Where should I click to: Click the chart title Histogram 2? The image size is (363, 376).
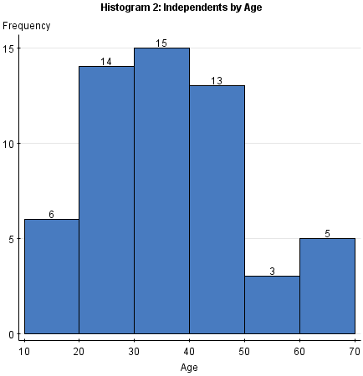coord(181,8)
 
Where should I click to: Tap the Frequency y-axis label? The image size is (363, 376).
coord(26,26)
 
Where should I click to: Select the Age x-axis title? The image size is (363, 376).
coord(189,366)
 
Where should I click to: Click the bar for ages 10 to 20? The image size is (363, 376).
coord(52,277)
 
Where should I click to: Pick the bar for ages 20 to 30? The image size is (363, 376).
coord(106,200)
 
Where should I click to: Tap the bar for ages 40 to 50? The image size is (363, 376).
coord(217,210)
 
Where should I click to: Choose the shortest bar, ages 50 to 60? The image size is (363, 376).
coord(272,305)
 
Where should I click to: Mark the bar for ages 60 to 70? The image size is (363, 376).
coord(327,286)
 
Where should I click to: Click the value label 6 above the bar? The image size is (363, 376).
coord(52,214)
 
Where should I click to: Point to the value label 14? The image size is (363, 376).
coord(106,61)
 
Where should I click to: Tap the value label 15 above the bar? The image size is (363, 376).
coord(161,43)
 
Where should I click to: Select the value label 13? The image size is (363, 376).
coord(217,80)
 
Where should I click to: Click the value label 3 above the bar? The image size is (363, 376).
coord(272,272)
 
